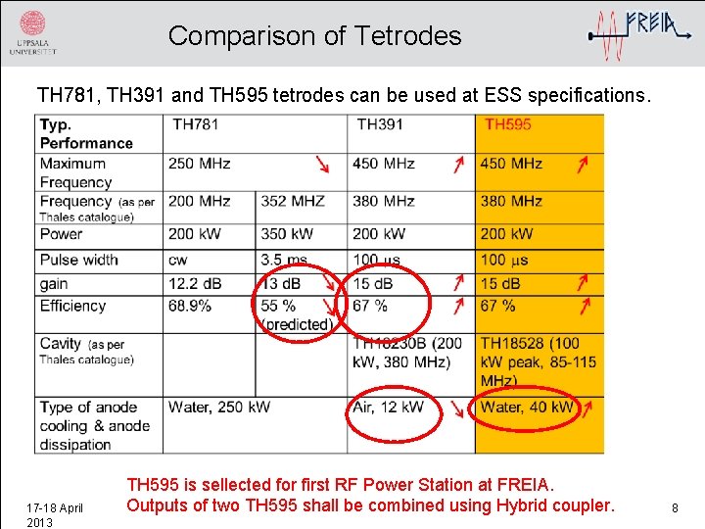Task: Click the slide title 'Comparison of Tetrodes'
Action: [314, 36]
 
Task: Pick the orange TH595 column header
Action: [508, 124]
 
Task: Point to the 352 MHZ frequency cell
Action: [293, 201]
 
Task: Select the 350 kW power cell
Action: [288, 234]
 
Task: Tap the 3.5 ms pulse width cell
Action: [284, 261]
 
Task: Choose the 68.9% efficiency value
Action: [190, 306]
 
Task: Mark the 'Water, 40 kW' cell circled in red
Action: [527, 407]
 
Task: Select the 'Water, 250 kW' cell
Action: [219, 407]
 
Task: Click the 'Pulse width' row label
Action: [78, 261]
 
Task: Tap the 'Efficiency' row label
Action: [72, 306]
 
